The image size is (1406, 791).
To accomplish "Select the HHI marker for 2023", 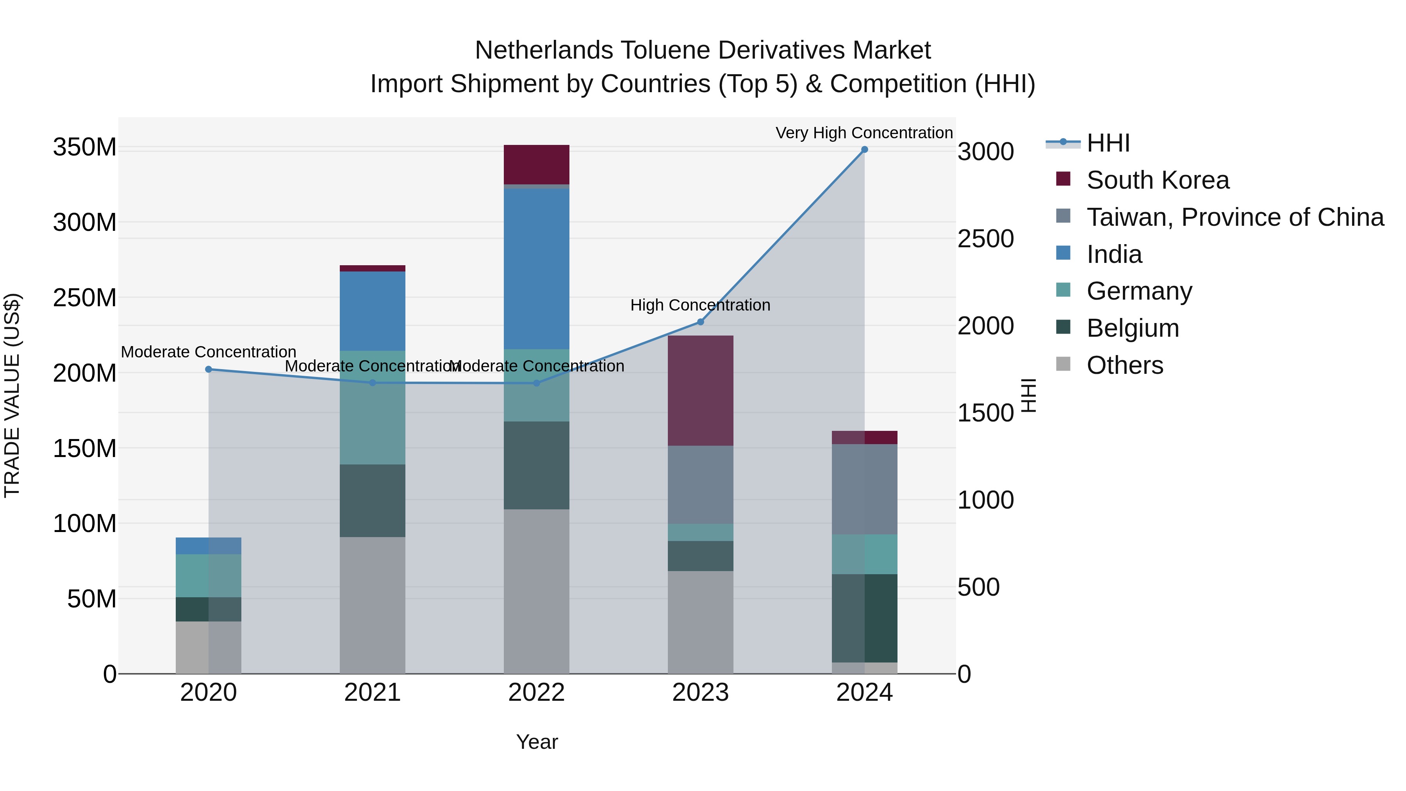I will click(700, 322).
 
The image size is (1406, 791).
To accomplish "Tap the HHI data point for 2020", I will click(209, 370).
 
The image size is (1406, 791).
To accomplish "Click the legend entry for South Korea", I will click(1157, 180).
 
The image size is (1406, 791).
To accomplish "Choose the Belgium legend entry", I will click(1133, 328).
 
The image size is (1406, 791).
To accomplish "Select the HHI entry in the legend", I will click(1108, 143).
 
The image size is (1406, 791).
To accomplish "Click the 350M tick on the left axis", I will click(85, 147).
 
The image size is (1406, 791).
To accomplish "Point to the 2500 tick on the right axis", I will click(985, 239).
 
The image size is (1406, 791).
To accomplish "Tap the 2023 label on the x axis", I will click(700, 692).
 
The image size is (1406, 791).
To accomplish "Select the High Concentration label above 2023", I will click(700, 305).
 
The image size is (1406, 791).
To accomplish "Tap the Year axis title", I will click(537, 742).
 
